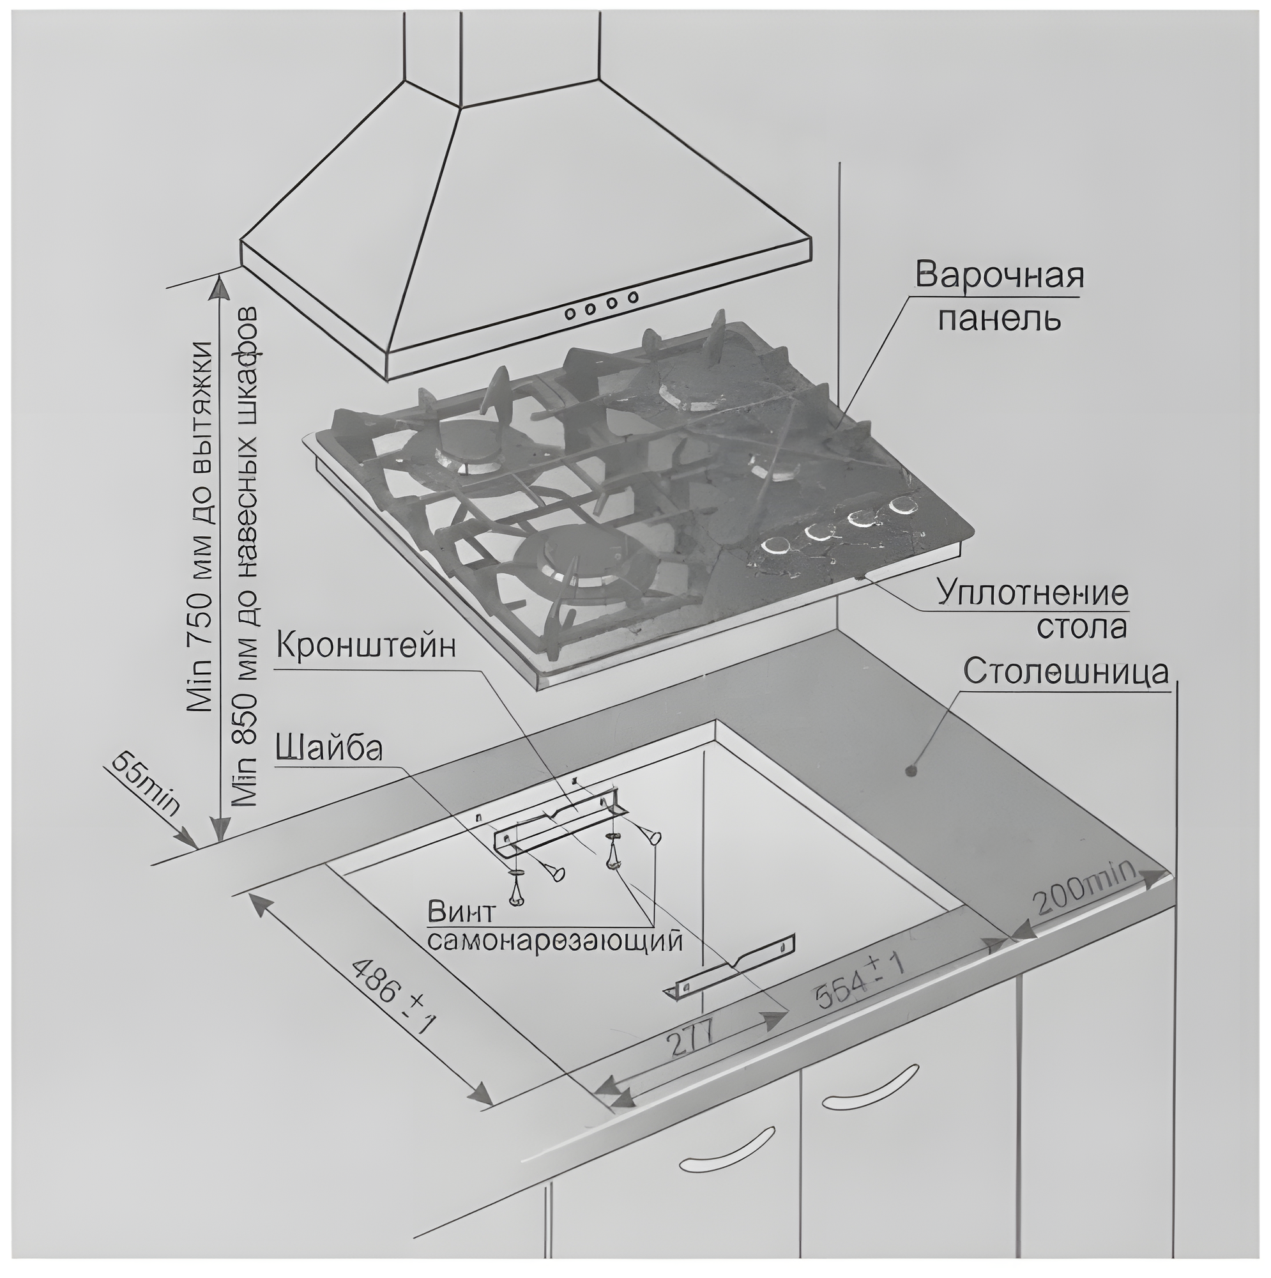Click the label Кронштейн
pos(366,645)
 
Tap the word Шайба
pos(328,749)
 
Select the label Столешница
pos(1065,672)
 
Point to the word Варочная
pos(999,277)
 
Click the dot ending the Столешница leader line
pos(913,771)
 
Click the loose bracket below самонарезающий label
pos(730,971)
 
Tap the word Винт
pos(461,914)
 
